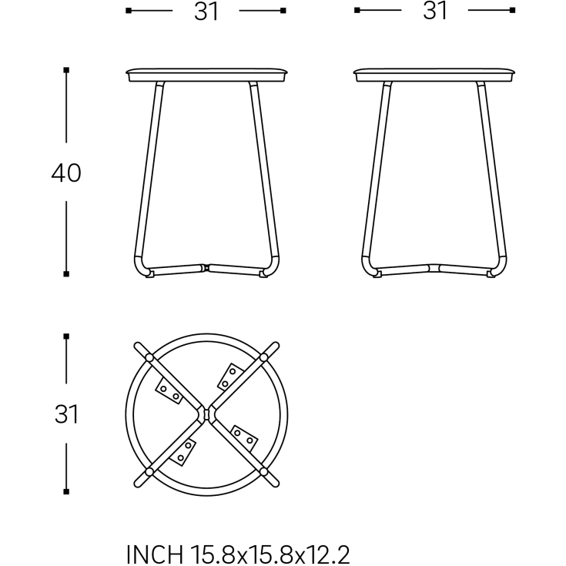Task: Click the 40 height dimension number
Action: [66, 172]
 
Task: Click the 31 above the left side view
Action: [206, 12]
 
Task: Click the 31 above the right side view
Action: [435, 11]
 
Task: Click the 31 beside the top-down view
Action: [66, 414]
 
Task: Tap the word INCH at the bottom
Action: [155, 554]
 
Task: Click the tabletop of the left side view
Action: [207, 75]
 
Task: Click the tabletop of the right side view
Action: [434, 75]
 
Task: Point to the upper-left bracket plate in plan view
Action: [169, 392]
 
